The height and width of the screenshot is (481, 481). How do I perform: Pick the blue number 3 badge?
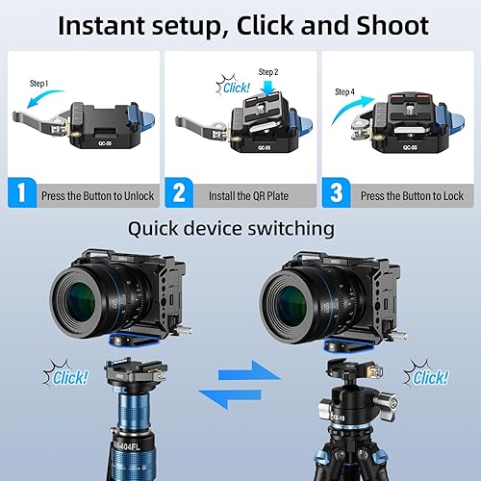pos(337,193)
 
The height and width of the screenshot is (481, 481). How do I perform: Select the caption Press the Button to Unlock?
pos(97,195)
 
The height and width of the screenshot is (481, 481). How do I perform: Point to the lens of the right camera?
pos(298,298)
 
